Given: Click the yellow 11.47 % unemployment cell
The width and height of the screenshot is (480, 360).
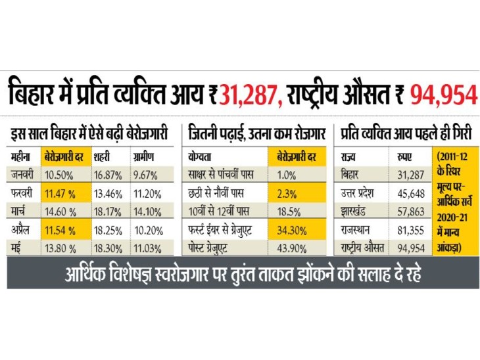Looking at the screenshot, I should coord(60,194).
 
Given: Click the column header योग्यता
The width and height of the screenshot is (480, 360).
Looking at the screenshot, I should coord(202,158).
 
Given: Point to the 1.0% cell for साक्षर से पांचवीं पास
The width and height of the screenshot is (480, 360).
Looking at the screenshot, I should coord(287,176).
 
